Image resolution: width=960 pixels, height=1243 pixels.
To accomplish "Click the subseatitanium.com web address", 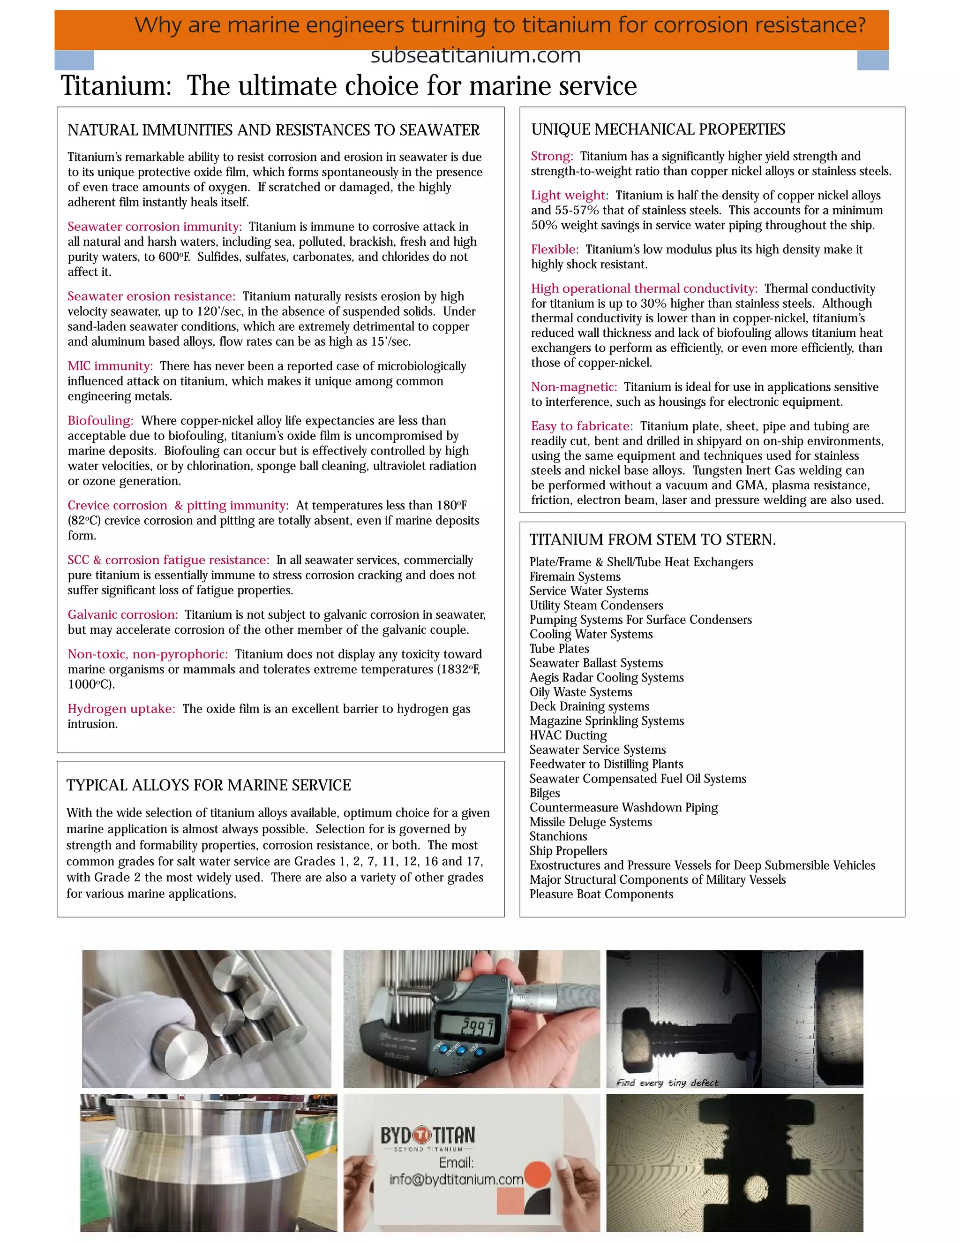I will tap(475, 56).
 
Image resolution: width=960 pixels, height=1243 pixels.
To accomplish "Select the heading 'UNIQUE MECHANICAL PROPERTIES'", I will tap(658, 130).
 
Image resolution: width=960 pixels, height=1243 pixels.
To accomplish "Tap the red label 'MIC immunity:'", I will tap(110, 366).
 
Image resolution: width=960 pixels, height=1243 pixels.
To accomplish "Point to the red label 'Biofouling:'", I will tap(101, 421).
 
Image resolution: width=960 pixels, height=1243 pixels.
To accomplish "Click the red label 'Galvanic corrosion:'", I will tap(123, 614).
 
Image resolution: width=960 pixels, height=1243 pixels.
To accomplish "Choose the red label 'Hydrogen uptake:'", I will tap(121, 709).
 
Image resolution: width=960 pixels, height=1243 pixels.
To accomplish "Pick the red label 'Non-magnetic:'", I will tap(574, 387).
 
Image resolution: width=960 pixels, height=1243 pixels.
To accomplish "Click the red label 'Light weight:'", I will tap(569, 195).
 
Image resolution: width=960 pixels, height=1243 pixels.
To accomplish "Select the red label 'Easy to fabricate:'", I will tap(582, 426).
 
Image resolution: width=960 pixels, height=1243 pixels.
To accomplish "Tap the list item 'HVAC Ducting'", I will tap(568, 735).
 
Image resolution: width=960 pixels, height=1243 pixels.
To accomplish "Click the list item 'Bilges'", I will tap(545, 793).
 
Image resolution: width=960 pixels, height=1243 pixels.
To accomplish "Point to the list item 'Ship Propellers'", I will tap(568, 851).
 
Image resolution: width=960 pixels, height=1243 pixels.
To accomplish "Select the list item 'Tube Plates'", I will tap(559, 649).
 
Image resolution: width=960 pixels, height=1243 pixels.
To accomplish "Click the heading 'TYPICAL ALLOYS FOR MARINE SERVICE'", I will tap(209, 785).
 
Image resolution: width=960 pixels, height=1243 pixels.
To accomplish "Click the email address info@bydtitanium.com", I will tap(456, 1179).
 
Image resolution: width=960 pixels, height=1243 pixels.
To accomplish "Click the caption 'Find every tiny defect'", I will tap(667, 1083).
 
